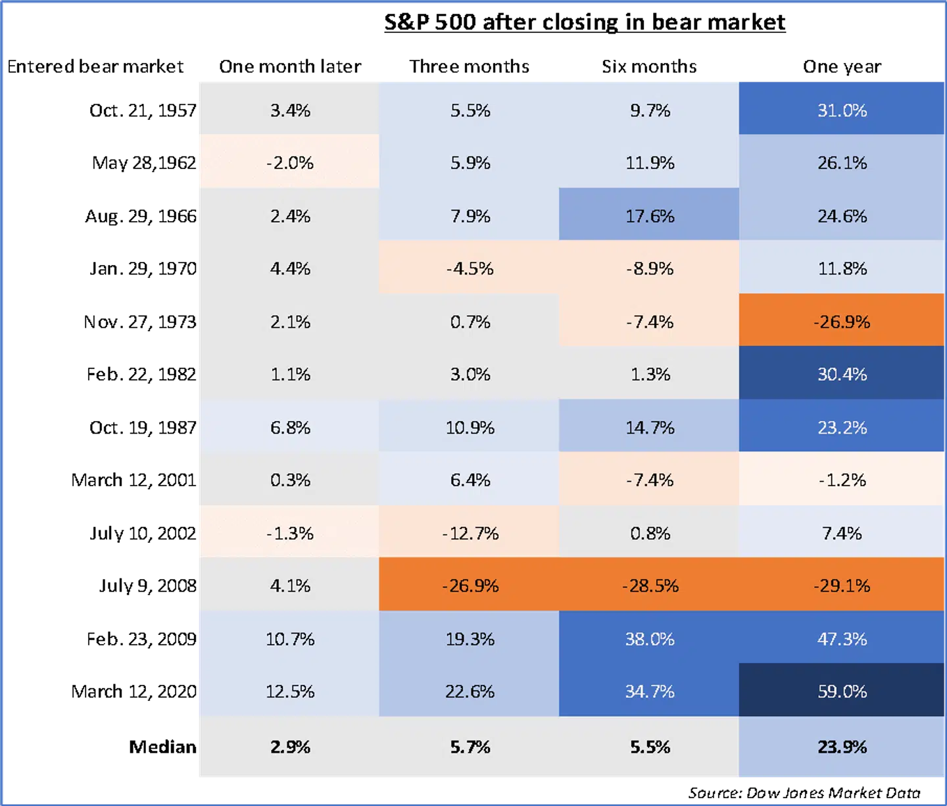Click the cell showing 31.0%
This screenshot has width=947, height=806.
842,110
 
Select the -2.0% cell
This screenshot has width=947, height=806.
290,163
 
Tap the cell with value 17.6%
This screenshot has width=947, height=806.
650,216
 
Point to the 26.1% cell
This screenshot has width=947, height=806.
842,163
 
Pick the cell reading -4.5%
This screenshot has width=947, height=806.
470,268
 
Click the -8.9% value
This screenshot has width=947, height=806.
650,268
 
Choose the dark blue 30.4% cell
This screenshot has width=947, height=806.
842,374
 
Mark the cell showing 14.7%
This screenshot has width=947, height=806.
650,428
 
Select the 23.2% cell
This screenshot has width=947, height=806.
842,428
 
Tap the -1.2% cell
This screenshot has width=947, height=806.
842,480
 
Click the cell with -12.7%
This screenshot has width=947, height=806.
470,533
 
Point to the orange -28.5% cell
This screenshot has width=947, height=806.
650,586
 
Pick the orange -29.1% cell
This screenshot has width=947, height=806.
842,586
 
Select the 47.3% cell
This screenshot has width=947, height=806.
842,639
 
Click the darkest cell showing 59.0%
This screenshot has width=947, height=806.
842,692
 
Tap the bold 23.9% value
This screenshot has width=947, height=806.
842,747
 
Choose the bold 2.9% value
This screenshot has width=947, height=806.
290,747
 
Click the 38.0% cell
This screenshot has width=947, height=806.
650,639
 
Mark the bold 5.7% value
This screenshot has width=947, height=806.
470,747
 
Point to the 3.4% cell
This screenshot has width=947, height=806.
290,110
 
